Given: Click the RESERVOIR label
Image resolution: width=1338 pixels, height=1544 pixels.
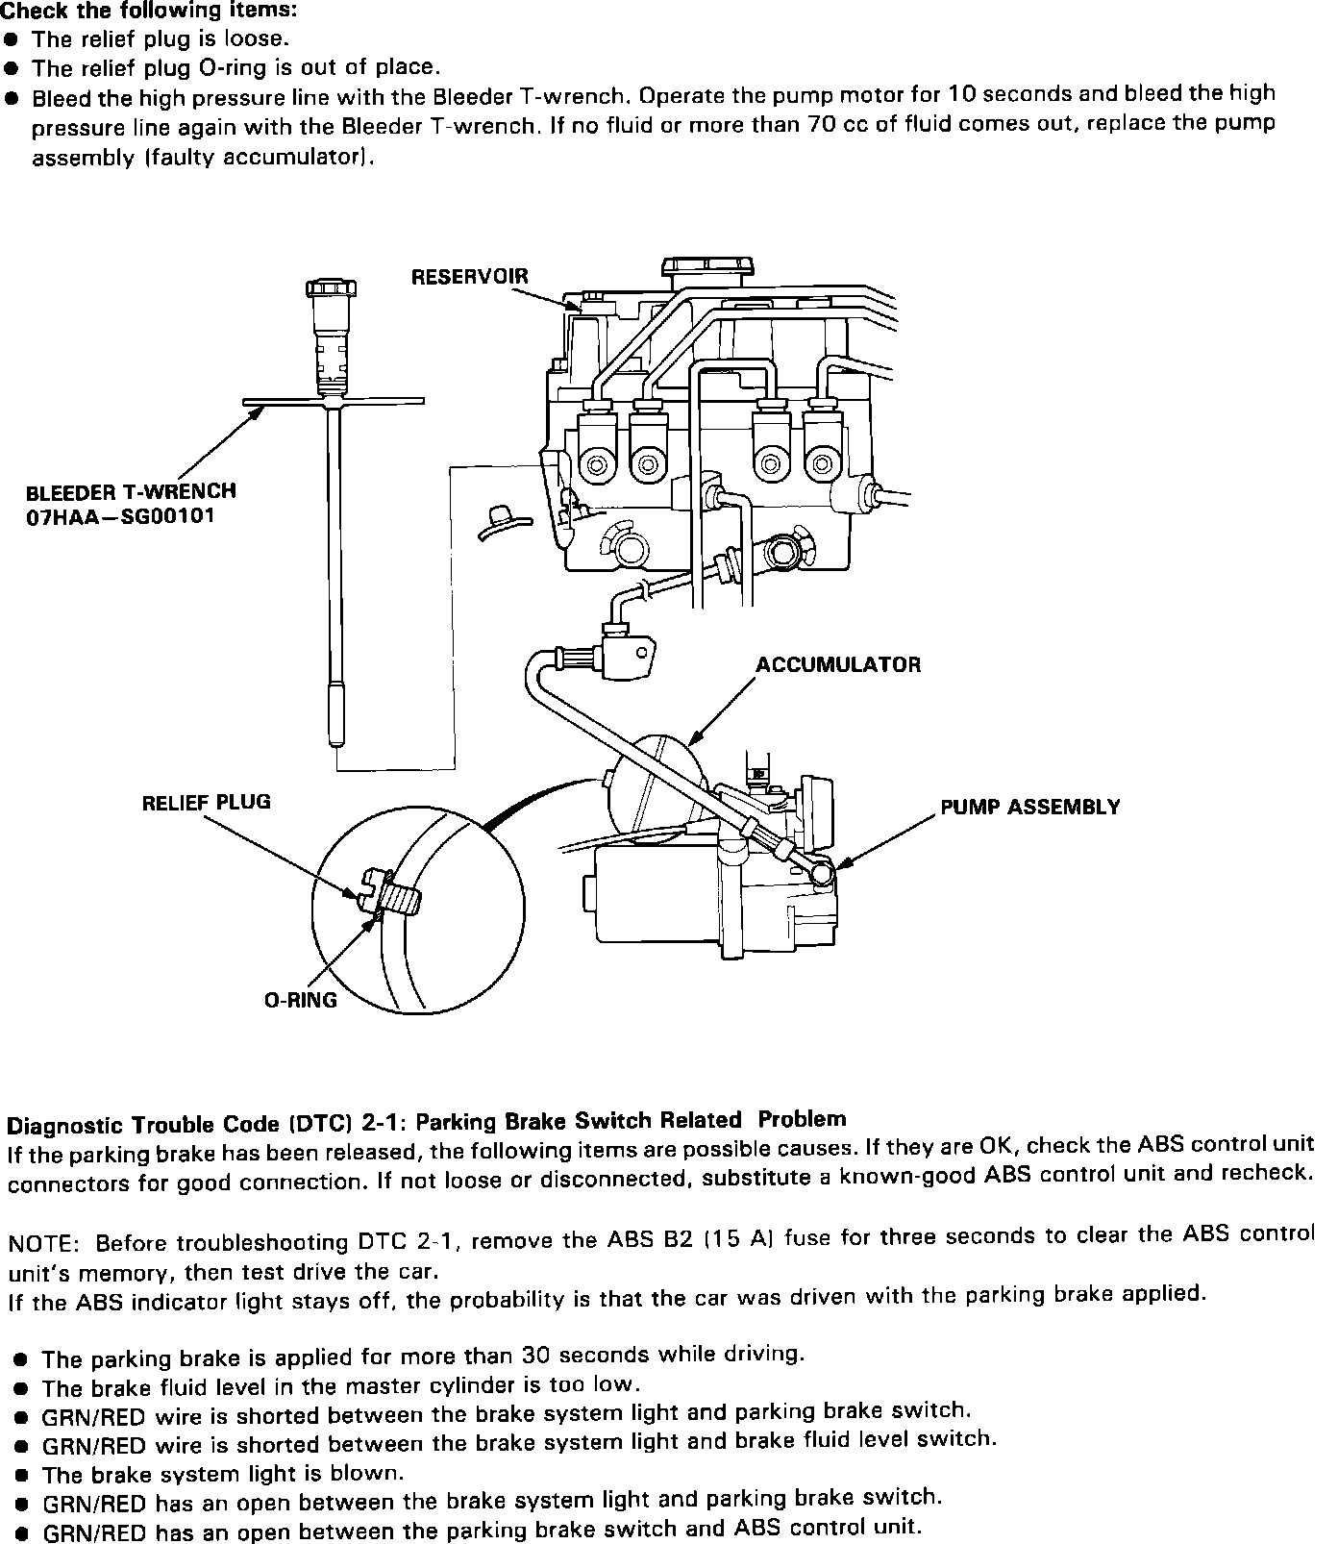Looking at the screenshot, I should (469, 277).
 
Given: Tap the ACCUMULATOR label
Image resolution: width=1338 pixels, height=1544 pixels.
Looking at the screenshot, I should (837, 664).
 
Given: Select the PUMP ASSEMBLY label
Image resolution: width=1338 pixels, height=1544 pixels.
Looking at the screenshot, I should (1029, 807).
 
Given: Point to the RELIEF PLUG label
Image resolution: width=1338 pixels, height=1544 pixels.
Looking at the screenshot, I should (206, 802).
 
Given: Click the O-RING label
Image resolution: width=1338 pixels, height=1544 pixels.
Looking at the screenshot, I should (301, 1000).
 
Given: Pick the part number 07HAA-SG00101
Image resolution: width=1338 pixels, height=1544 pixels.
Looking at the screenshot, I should (120, 516).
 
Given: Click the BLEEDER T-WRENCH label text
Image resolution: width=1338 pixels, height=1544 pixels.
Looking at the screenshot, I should (131, 491).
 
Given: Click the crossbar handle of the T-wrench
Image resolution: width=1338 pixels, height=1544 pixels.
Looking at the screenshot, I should (333, 401).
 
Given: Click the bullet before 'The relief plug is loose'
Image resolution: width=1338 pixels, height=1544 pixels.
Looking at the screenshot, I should (11, 39).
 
